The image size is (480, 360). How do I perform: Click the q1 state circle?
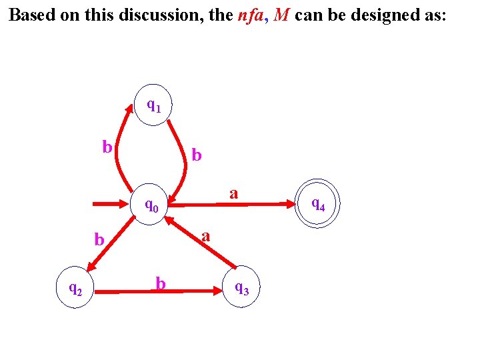pyautogui.click(x=153, y=105)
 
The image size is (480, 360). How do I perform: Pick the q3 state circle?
pyautogui.click(x=241, y=287)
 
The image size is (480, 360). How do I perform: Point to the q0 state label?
pyautogui.click(x=153, y=205)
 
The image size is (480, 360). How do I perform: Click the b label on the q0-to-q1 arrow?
pyautogui.click(x=107, y=147)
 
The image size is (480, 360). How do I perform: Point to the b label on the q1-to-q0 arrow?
pyautogui.click(x=196, y=155)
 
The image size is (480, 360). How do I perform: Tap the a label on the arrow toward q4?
pyautogui.click(x=233, y=193)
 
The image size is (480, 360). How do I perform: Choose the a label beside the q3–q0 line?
pyautogui.click(x=206, y=235)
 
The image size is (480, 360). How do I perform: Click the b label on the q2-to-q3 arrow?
pyautogui.click(x=161, y=283)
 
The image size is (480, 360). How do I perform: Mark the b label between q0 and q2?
pyautogui.click(x=99, y=239)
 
